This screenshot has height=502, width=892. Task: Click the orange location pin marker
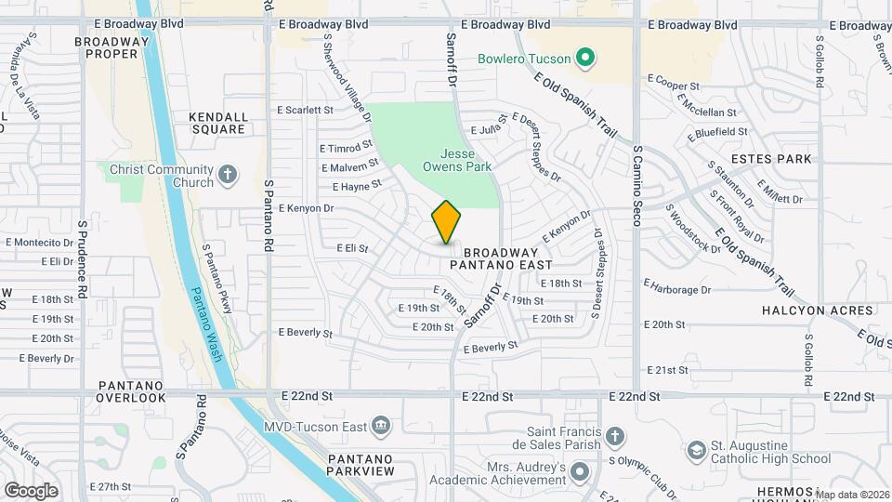446,222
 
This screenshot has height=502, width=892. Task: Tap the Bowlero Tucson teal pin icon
584,59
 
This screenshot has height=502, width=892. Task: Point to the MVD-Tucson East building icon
380,427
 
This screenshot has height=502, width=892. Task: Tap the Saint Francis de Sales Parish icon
614,437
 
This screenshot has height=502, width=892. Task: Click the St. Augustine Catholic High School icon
696,452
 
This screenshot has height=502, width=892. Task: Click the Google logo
30,491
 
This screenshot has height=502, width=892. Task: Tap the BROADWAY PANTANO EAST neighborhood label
501,258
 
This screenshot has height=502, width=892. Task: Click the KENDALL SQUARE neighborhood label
219,123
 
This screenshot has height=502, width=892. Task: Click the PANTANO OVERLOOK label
130,391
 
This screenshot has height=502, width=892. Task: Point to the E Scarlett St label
305,110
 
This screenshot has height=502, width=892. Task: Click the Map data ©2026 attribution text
852,494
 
